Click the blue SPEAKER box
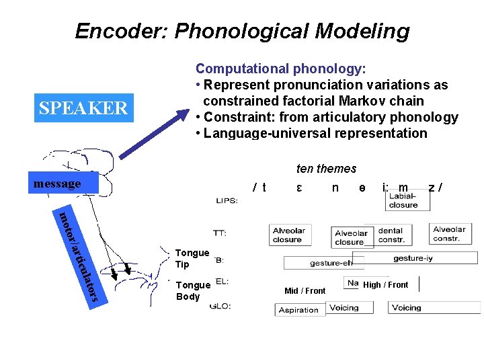click(x=83, y=108)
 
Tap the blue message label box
click(x=66, y=183)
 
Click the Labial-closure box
click(x=403, y=200)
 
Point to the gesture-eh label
click(x=329, y=263)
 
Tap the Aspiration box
click(x=300, y=310)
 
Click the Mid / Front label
click(x=305, y=291)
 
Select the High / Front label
click(x=385, y=285)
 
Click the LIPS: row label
click(x=227, y=200)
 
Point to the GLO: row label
click(x=221, y=307)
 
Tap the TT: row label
click(x=219, y=233)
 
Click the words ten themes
click(x=326, y=169)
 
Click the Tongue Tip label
click(x=192, y=258)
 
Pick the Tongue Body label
click(x=192, y=290)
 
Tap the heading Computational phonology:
click(x=280, y=69)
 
